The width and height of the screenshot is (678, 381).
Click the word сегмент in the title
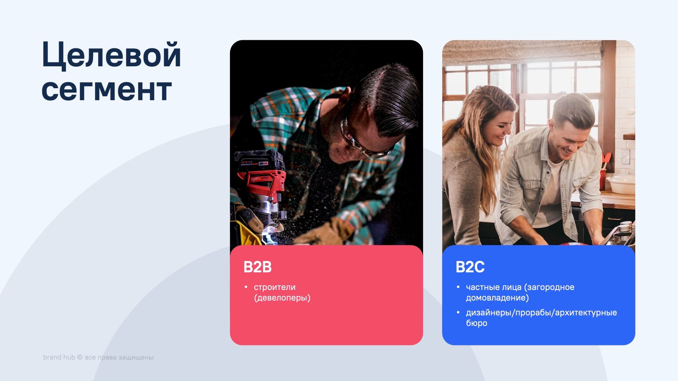[x=107, y=90]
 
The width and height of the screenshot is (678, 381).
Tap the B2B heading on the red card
[x=257, y=267]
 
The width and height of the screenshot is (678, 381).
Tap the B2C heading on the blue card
[x=470, y=267]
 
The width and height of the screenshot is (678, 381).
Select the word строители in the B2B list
[x=275, y=287]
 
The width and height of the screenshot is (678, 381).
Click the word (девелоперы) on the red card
[x=282, y=298]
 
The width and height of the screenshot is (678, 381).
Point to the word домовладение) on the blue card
[x=497, y=298]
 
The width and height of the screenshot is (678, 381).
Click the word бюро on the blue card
[x=476, y=323]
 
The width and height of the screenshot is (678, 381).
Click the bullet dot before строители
[x=246, y=287]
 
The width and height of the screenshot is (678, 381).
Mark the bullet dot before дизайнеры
[x=458, y=313]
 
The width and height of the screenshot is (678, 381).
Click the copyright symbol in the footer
[x=80, y=357]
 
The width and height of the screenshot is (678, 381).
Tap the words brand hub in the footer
[x=59, y=357]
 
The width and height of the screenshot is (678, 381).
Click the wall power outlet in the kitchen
[x=625, y=157]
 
